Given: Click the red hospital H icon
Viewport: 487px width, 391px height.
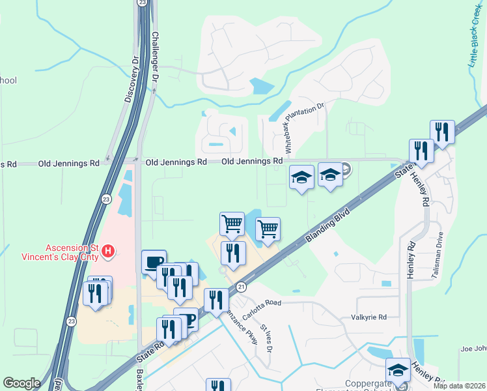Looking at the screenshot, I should tap(109, 250).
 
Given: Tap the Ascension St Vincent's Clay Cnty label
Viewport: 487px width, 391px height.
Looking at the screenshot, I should tap(72, 252).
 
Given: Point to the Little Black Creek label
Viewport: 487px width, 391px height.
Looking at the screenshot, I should tap(476, 36).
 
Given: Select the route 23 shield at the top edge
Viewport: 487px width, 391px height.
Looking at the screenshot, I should tap(142, 3).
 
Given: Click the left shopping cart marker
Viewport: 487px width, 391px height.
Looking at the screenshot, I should tap(232, 224).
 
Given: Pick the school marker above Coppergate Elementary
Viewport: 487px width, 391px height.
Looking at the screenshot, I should tap(397, 370).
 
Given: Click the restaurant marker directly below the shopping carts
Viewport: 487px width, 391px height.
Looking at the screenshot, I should tap(232, 252).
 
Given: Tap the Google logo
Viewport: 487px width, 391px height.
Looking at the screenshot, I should tap(21, 383).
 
